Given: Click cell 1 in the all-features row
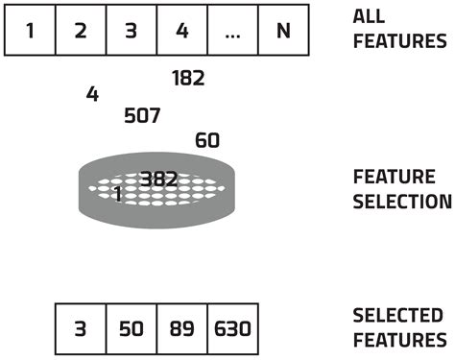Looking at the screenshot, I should coord(30,30).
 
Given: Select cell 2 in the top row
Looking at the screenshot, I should coord(81,30).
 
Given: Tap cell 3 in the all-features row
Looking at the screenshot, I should coord(132,30).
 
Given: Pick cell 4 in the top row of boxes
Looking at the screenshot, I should coord(181,30).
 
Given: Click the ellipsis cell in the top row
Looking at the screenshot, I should coord(233,30).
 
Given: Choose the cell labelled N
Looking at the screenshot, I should coord(283,30).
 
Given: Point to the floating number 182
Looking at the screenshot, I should coord(188,79).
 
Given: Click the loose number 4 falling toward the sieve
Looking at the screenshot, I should coord(92,94).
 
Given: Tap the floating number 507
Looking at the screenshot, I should coord(142,116).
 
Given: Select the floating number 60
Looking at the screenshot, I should coord(207,141).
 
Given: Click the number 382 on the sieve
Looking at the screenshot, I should coord(158,179).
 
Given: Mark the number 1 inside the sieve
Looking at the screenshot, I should coord(118,193).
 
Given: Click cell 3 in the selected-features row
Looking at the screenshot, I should coord(81,328).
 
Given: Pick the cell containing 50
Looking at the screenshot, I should coord(131,328).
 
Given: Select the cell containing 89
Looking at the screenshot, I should coord(181,328).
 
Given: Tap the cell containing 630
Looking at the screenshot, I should coord(232,328).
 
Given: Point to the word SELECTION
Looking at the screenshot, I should coord(402,202).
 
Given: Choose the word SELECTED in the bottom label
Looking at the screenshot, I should coord(397,315).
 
